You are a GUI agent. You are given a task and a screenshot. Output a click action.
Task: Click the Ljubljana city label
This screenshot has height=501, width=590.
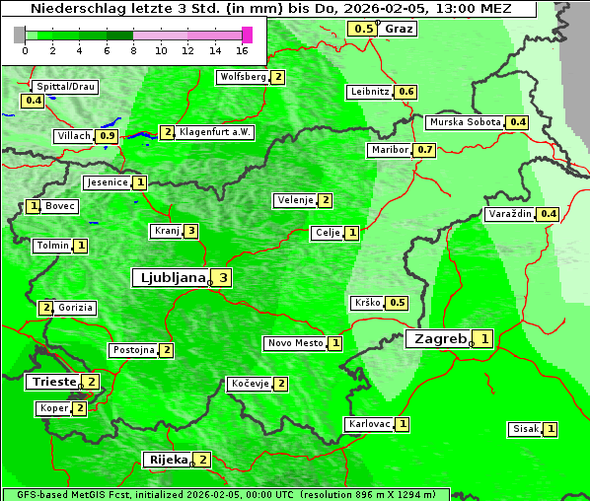tap(170, 278)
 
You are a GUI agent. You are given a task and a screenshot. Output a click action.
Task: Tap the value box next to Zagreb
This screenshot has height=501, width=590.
tap(484, 339)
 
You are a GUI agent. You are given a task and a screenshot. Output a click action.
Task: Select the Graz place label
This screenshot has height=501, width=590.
tap(399, 29)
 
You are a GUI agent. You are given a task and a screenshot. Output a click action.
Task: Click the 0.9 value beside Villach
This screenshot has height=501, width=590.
tap(109, 136)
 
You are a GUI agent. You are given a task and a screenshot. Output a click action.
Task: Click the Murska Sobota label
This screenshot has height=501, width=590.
tap(464, 122)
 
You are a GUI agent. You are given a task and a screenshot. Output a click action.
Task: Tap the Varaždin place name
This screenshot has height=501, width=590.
tap(510, 214)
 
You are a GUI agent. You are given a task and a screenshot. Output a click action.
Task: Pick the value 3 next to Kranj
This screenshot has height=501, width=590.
tap(190, 232)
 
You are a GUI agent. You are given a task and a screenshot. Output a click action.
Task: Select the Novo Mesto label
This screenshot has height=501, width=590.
tap(295, 343)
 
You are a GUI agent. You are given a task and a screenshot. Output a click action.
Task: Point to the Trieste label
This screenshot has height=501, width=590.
tap(53, 382)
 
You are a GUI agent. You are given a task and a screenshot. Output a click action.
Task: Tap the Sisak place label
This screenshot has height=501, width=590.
tap(525, 429)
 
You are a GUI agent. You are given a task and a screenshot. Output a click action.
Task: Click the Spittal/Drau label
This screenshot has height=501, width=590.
tap(65, 87)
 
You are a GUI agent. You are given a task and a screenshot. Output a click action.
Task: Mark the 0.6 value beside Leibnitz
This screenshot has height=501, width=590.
tap(406, 92)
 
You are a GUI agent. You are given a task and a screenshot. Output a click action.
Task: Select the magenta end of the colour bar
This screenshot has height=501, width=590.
tap(247, 35)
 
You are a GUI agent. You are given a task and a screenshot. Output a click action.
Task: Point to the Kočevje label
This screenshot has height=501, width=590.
tap(249, 384)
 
